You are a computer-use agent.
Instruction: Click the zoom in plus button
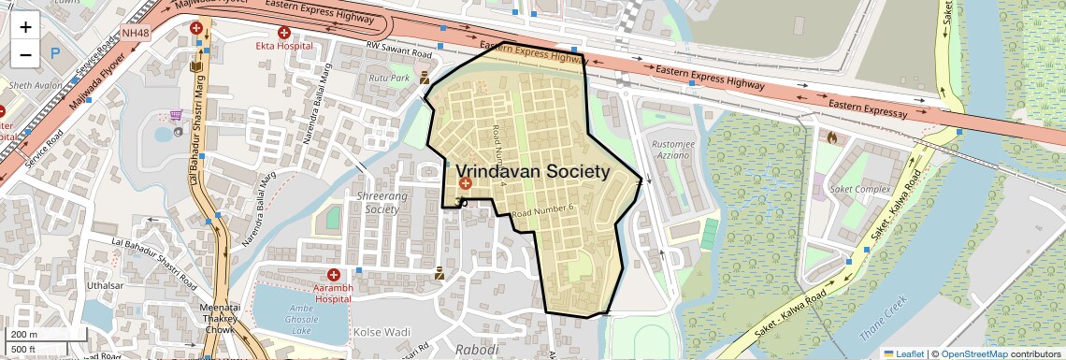(x=25, y=27)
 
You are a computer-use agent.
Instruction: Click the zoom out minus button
(x=25, y=55)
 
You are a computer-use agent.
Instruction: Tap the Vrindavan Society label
(x=532, y=172)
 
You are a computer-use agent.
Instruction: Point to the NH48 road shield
(x=135, y=34)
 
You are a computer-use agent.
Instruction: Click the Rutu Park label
(x=389, y=79)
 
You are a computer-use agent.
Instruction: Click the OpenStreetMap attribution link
(x=973, y=353)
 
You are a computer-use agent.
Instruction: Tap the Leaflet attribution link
(x=903, y=353)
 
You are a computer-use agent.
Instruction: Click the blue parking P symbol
(x=55, y=52)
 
